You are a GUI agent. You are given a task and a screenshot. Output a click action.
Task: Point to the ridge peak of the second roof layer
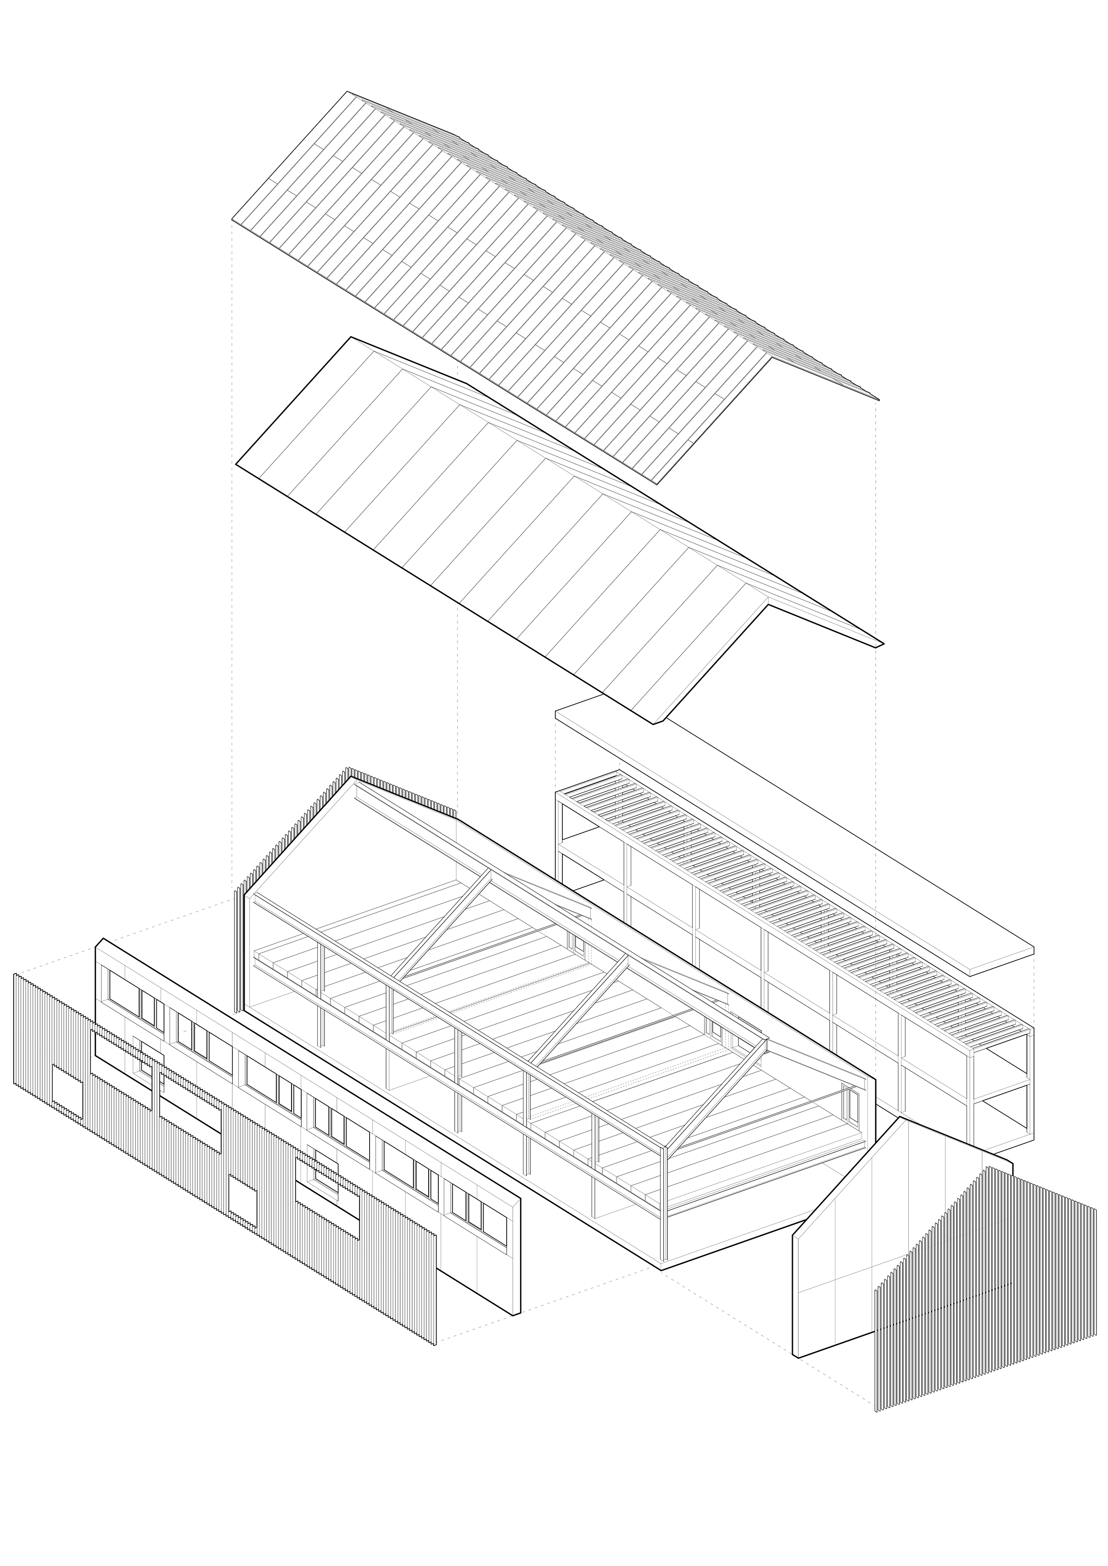(351, 337)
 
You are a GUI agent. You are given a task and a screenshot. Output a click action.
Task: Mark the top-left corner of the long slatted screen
(15, 975)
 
